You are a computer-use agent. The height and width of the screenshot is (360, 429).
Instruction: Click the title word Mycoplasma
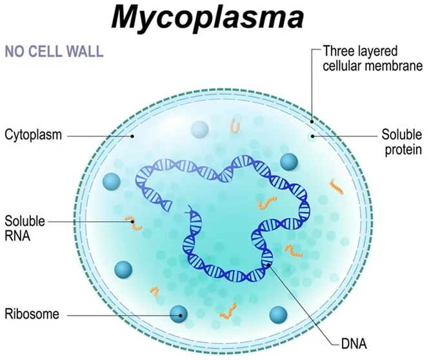[x=214, y=18]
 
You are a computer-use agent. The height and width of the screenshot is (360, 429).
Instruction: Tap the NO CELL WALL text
[x=54, y=52]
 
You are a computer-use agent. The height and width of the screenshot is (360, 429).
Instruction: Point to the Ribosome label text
[x=32, y=315]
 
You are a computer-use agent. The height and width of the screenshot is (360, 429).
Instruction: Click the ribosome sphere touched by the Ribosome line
[x=179, y=314]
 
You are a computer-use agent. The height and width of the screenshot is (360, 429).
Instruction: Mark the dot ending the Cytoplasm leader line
[x=134, y=136]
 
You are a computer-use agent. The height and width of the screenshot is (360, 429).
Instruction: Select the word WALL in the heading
[x=85, y=52]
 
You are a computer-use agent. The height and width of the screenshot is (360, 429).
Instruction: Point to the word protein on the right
[x=404, y=150]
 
